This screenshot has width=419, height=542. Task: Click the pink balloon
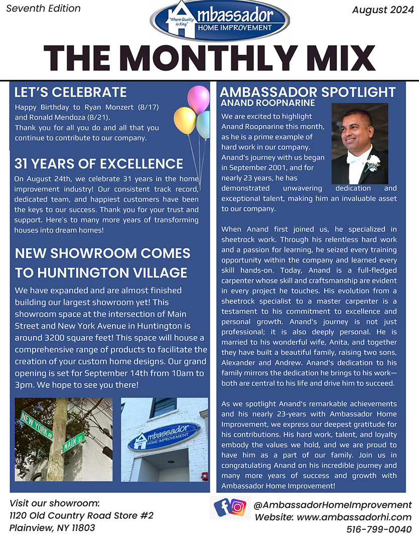[x=198, y=98]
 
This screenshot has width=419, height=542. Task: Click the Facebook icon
[x=222, y=507]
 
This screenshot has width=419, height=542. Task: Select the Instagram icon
[x=239, y=508]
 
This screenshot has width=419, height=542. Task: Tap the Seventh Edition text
[x=43, y=8]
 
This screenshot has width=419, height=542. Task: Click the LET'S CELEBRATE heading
[x=70, y=92]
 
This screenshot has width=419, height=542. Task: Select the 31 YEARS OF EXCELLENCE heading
[x=98, y=164]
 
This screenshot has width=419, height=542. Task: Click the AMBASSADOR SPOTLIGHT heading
[x=308, y=92]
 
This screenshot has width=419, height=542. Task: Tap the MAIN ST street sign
[x=72, y=441]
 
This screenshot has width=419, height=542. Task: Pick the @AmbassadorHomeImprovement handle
[x=333, y=505]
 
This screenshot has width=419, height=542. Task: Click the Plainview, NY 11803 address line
[x=52, y=528]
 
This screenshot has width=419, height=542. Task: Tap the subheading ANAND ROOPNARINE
[x=267, y=103]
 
